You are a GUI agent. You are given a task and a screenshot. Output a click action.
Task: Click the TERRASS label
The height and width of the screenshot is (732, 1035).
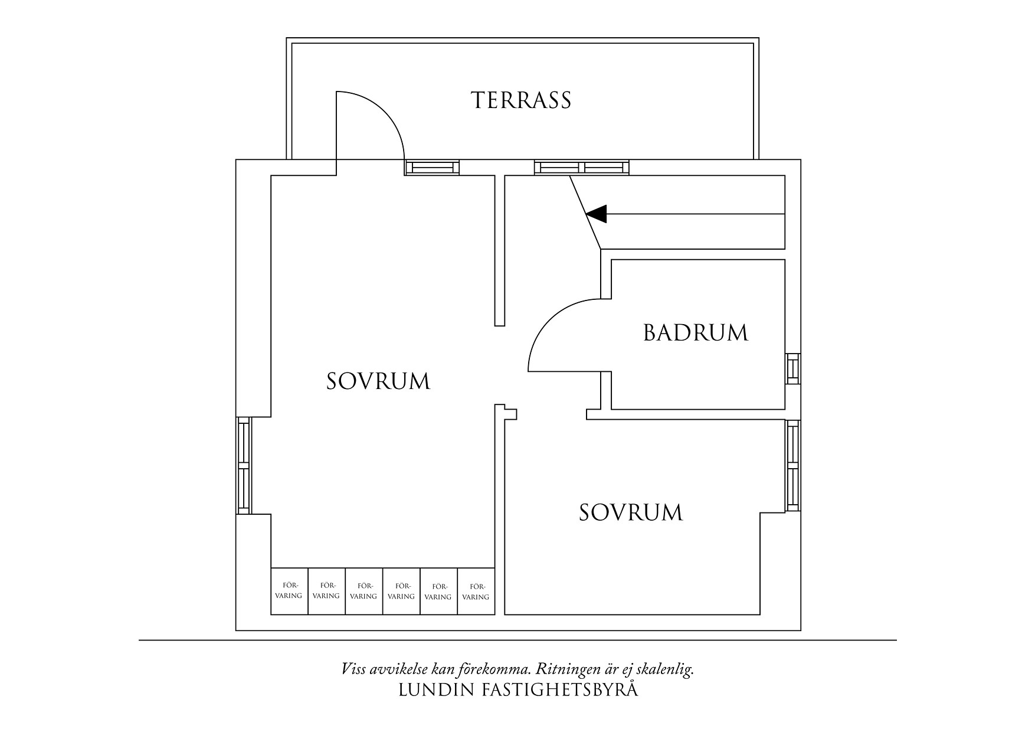tap(521, 100)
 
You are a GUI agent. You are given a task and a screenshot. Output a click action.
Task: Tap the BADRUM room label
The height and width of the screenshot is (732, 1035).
tap(695, 333)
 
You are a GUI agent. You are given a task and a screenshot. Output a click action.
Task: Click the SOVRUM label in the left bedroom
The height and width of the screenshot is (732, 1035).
tap(378, 381)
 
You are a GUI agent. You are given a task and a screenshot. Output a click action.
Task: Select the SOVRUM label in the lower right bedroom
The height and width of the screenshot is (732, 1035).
tap(630, 512)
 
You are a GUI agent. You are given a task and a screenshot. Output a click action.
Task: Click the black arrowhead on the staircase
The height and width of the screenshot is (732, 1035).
tap(597, 214)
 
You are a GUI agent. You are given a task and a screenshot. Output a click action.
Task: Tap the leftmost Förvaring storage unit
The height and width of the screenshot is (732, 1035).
tap(289, 591)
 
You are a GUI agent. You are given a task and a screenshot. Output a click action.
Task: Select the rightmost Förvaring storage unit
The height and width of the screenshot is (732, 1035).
tap(476, 591)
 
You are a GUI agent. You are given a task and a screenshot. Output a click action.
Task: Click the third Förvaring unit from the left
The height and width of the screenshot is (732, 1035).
tap(363, 591)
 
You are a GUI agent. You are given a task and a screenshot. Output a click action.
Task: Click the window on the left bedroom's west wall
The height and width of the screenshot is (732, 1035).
tap(244, 466)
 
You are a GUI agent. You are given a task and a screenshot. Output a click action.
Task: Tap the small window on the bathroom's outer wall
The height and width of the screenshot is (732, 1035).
tap(792, 368)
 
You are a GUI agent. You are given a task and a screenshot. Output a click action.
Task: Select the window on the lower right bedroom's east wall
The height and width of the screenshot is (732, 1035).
tap(792, 466)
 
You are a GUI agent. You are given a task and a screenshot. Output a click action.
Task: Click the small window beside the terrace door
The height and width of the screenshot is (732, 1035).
tap(432, 168)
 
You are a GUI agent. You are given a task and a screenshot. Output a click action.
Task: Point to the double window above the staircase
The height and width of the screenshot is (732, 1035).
tap(582, 168)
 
